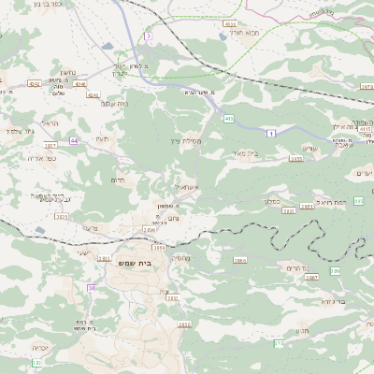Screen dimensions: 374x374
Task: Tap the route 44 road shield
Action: point(73,140)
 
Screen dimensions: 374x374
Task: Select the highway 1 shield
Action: point(271,135)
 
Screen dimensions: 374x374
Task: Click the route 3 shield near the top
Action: point(148,36)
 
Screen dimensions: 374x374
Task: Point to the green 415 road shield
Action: point(229,119)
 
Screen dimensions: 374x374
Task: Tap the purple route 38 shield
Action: point(92,288)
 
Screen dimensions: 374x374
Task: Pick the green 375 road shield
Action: point(278,344)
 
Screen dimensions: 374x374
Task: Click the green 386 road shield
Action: point(335,270)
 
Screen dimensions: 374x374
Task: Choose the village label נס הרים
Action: point(297,267)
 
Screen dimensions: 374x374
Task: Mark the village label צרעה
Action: point(90,227)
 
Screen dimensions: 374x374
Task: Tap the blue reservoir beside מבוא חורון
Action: point(222,36)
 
